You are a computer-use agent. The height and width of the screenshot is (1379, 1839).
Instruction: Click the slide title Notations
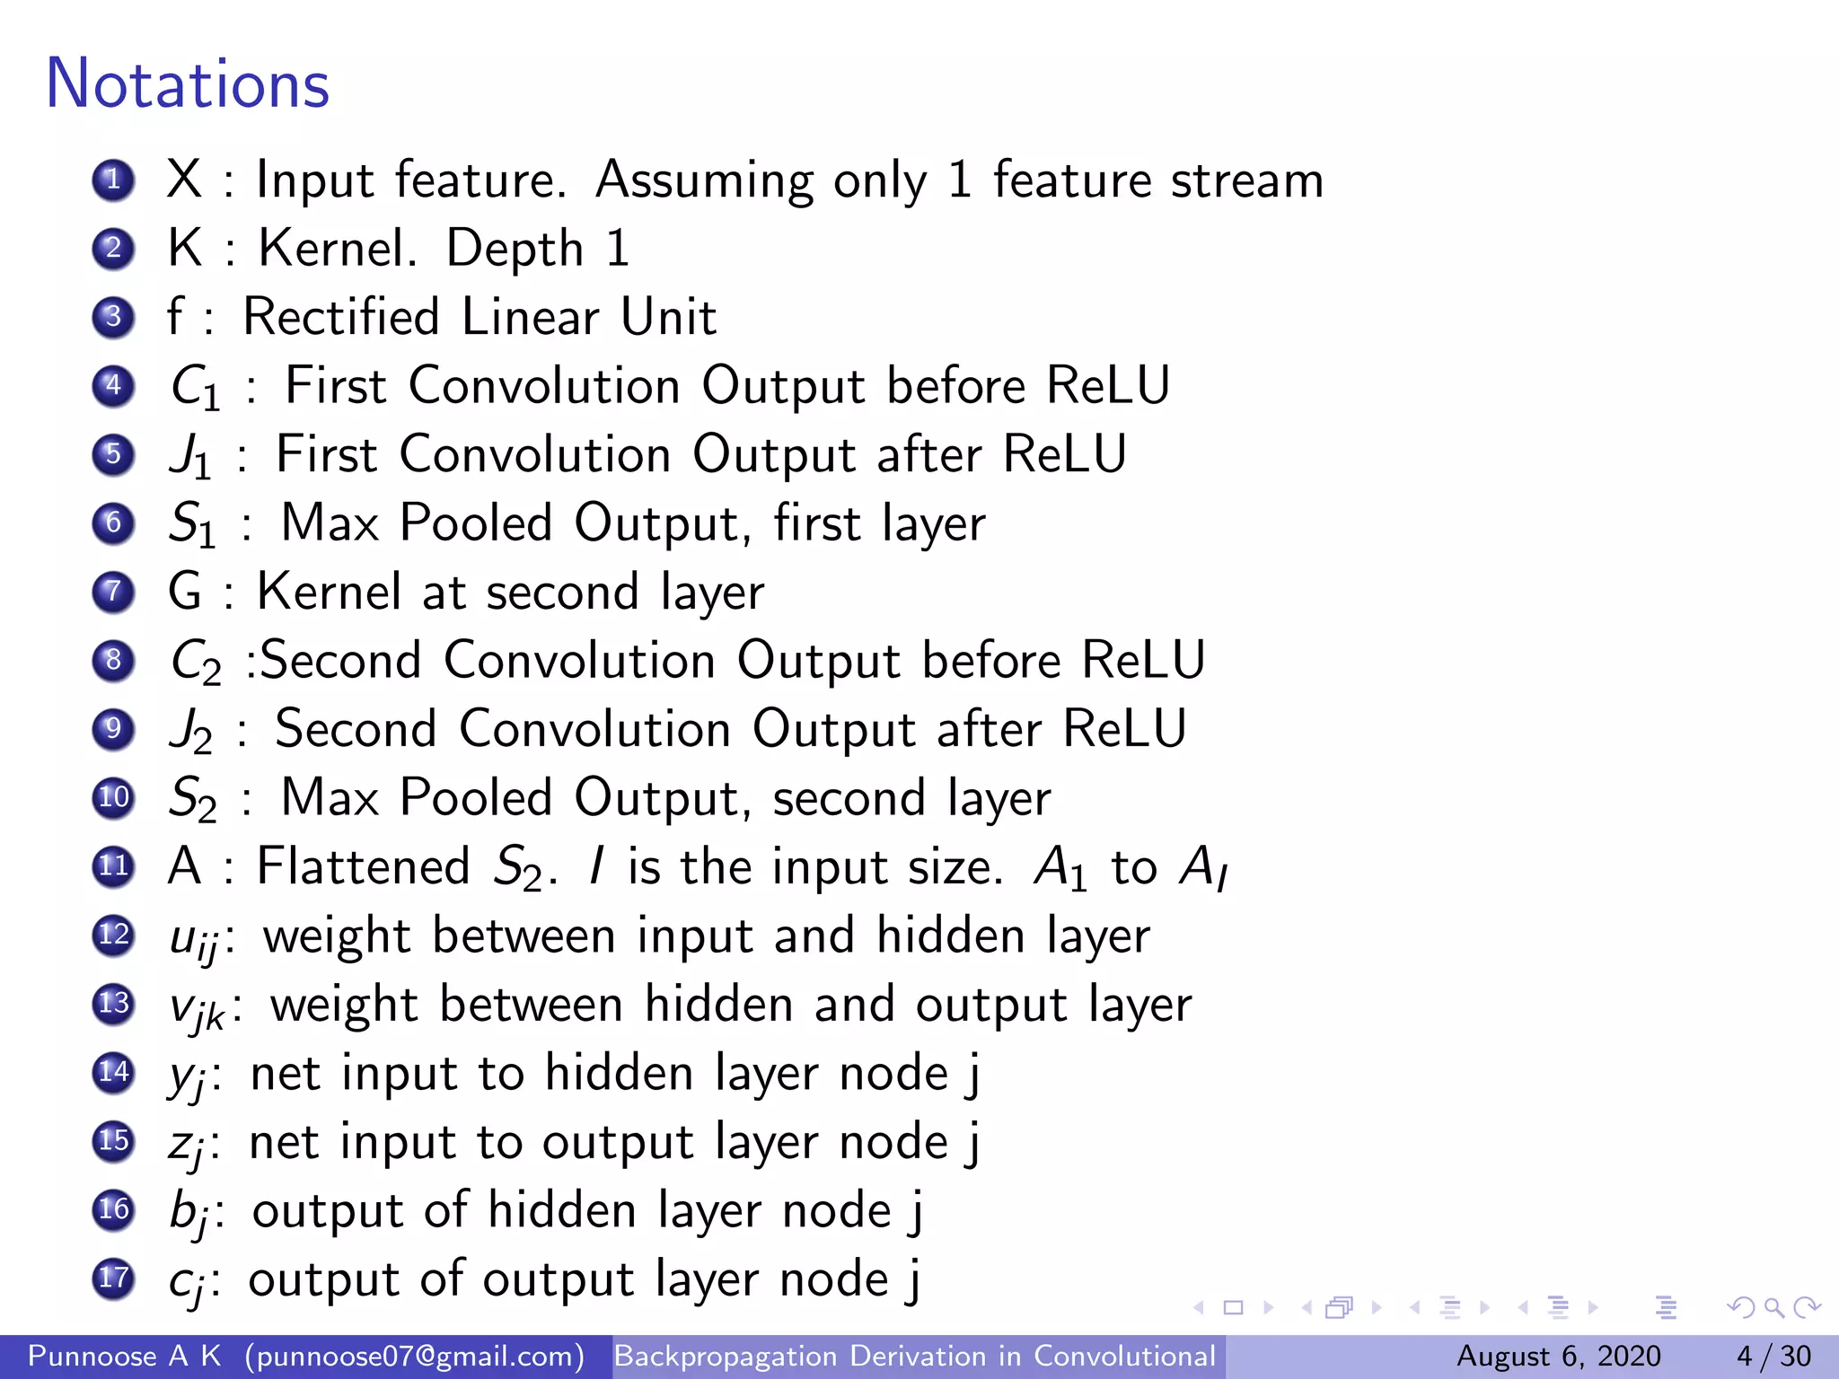[188, 84]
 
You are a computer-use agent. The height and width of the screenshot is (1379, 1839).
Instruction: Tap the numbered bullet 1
[114, 180]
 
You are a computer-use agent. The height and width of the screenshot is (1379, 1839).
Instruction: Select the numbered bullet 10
[114, 797]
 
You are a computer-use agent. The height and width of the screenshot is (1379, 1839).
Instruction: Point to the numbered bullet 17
[114, 1278]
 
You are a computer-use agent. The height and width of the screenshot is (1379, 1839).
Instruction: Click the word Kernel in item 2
[338, 249]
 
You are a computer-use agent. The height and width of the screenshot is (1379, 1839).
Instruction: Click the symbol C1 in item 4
[195, 388]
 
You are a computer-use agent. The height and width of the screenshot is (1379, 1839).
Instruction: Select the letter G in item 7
[185, 593]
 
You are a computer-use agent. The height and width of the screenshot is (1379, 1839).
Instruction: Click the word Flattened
[364, 867]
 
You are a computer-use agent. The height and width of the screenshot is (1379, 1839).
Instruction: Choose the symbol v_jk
[198, 1008]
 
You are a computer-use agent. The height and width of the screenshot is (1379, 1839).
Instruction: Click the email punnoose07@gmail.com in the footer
[415, 1356]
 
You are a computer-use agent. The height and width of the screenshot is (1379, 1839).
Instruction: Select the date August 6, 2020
[1558, 1356]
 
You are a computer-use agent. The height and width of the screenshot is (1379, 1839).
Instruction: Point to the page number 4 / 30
[1773, 1356]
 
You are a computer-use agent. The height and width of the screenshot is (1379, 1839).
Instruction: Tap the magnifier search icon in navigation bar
[1773, 1308]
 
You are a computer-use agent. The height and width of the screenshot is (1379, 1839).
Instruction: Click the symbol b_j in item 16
[189, 1213]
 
